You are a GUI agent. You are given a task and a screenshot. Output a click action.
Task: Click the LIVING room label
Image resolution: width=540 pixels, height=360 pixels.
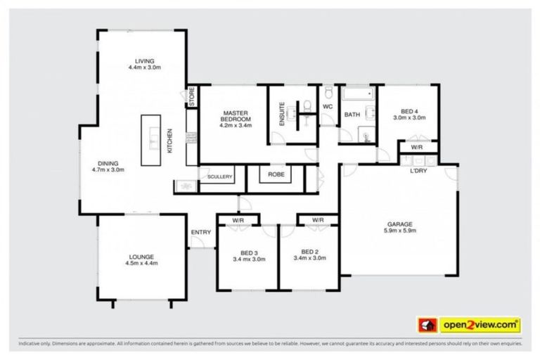coord(146,61)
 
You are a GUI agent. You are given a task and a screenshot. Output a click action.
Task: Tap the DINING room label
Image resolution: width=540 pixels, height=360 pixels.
coord(108,162)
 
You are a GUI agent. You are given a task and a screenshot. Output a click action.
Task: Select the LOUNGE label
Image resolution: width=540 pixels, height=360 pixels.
coord(141,257)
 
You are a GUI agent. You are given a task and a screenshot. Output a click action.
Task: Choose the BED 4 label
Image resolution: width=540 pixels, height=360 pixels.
coord(409,111)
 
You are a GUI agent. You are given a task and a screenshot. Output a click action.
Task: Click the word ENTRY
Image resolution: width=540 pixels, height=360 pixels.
coord(200,233)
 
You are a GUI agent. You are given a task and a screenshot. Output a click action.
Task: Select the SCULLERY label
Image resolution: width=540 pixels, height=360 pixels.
coord(219,177)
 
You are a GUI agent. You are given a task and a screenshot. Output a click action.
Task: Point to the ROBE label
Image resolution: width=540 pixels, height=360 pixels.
coord(276,174)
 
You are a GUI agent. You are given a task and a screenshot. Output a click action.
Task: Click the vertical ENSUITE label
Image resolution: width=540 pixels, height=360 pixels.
coord(282,114)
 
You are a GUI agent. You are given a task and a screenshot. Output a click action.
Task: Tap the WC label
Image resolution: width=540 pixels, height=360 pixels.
coord(327,106)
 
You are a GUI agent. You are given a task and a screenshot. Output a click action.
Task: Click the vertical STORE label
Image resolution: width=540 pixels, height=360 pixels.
coord(191,96)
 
